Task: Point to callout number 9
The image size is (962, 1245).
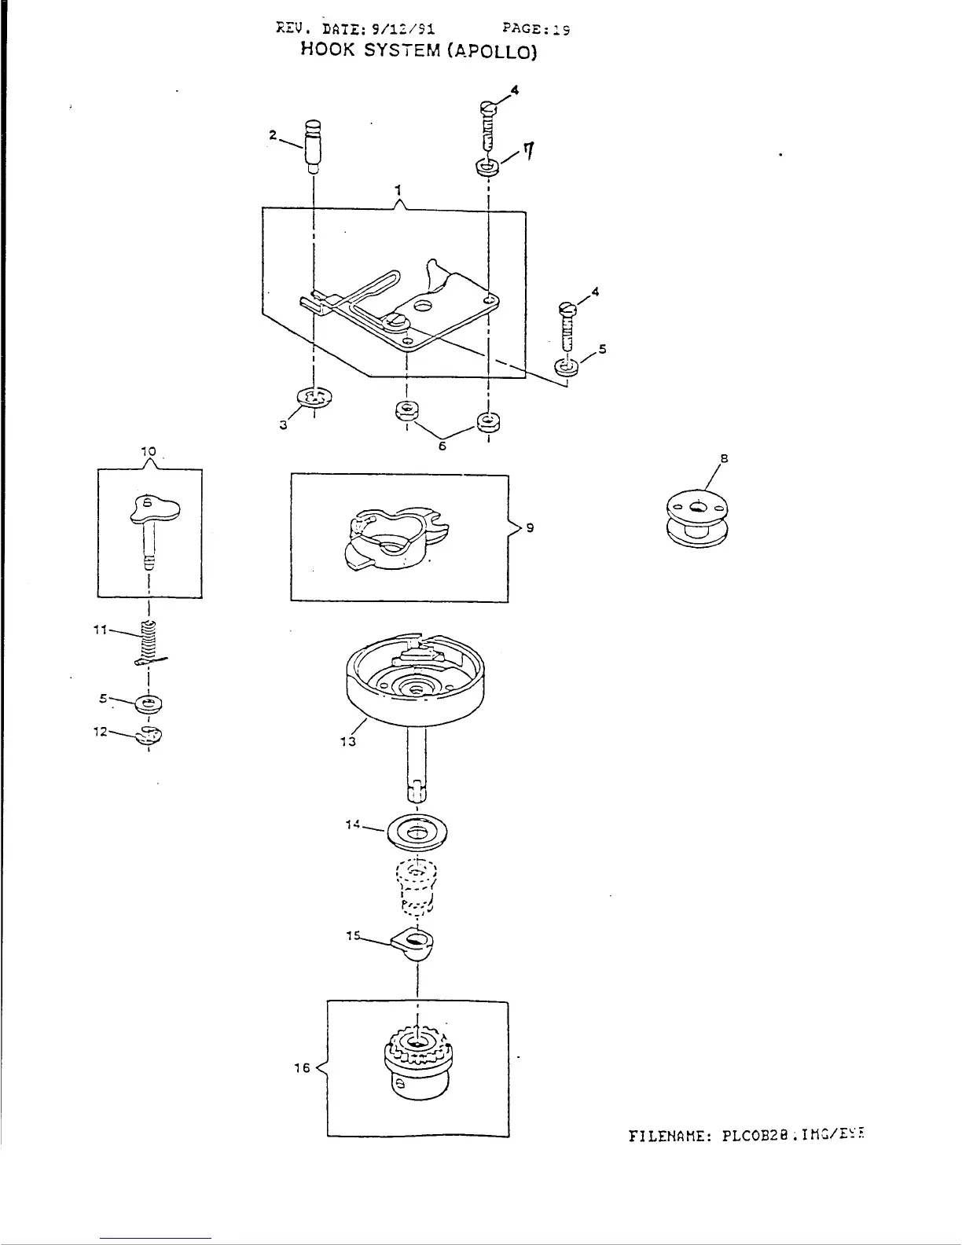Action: [531, 528]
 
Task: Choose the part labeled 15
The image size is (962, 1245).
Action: [417, 942]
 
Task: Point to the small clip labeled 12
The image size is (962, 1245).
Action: [150, 735]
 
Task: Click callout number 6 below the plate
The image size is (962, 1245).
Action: [442, 446]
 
